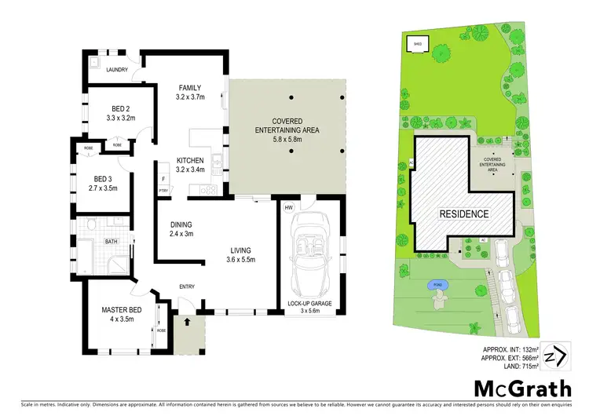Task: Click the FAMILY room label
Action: (x=190, y=87)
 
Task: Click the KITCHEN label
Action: (x=190, y=161)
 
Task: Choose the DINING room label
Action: (x=181, y=224)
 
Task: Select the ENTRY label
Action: (x=186, y=286)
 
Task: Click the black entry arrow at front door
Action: (x=187, y=320)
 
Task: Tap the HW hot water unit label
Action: (x=289, y=207)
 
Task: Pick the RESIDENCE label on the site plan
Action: (x=464, y=213)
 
